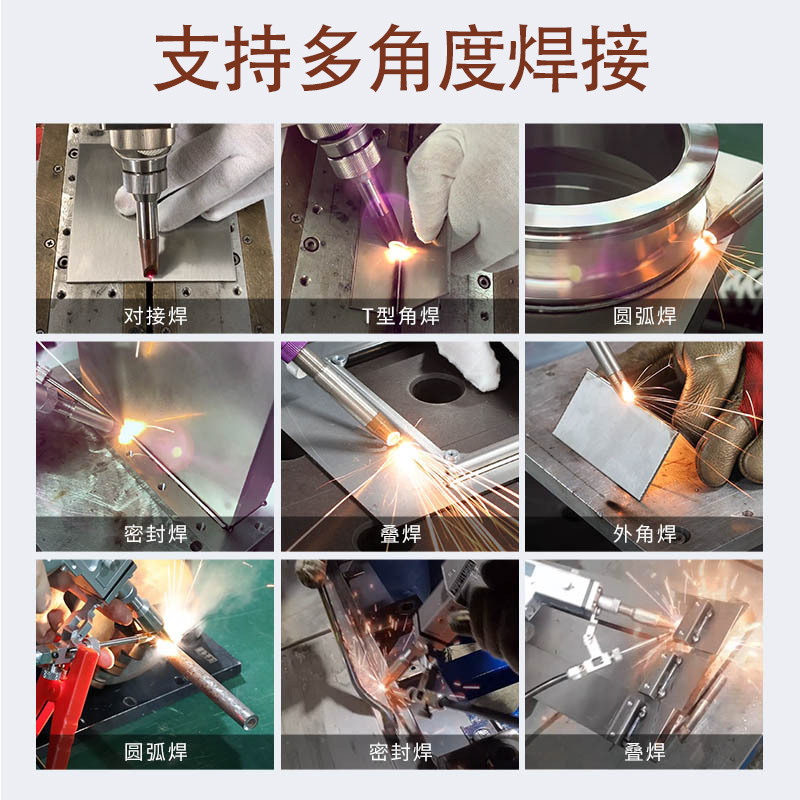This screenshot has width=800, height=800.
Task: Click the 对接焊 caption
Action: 155,317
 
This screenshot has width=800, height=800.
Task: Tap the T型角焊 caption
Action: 400,317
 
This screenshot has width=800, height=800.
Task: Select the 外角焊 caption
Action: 644,535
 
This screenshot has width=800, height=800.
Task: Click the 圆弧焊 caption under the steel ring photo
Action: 644,317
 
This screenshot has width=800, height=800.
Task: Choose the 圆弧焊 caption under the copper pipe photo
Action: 155,752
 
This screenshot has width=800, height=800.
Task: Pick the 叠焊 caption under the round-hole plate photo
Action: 400,535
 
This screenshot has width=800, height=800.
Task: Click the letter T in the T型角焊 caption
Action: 367,317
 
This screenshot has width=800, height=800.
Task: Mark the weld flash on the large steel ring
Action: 705,238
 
